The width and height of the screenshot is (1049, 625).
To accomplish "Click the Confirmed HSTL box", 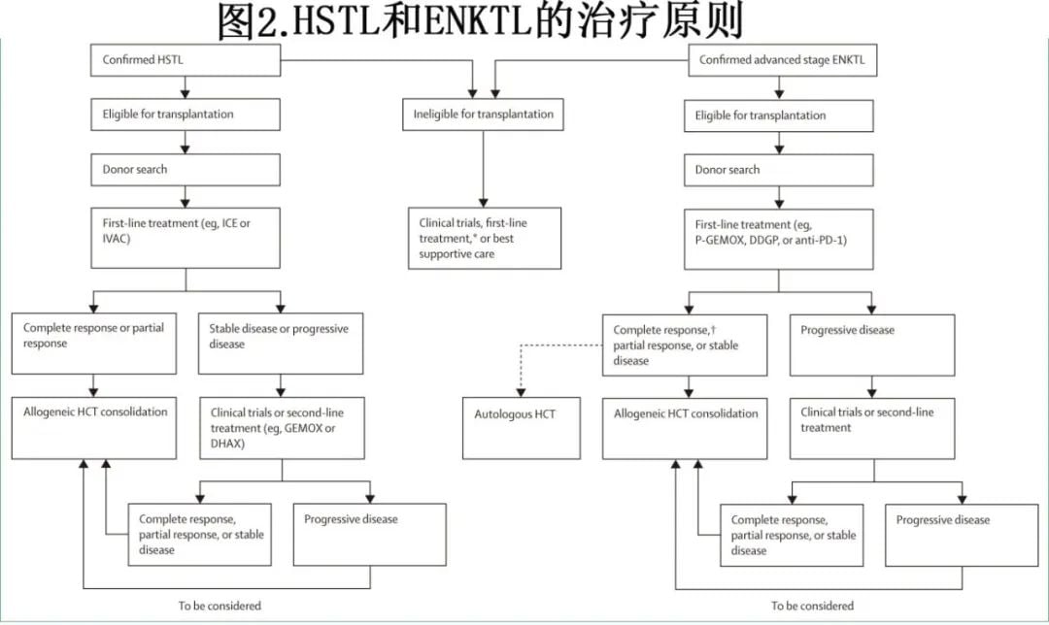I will [x=186, y=60].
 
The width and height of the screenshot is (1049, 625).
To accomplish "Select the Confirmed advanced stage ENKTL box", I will [x=782, y=60].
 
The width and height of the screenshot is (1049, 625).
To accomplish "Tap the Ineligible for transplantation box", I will [x=482, y=115].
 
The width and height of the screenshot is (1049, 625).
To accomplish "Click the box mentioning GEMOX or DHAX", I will [x=282, y=427].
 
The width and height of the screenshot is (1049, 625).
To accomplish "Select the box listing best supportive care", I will [x=482, y=238].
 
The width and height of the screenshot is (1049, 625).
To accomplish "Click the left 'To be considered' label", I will [x=220, y=606].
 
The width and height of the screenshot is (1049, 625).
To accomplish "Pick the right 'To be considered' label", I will [x=812, y=606].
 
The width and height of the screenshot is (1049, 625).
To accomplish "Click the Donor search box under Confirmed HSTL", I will [x=186, y=170].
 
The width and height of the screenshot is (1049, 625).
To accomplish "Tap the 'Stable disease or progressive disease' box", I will [x=282, y=343].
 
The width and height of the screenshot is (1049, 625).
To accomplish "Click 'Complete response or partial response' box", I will [x=93, y=343].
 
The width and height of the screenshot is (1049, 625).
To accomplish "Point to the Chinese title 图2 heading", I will [x=480, y=20].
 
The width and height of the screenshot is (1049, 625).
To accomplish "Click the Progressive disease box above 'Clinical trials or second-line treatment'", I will [x=872, y=345].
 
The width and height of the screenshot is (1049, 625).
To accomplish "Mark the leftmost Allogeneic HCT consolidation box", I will [x=93, y=427].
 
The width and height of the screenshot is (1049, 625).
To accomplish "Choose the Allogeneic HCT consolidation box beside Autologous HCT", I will [x=686, y=428].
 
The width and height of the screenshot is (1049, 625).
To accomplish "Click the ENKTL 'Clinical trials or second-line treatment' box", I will [x=872, y=428].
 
